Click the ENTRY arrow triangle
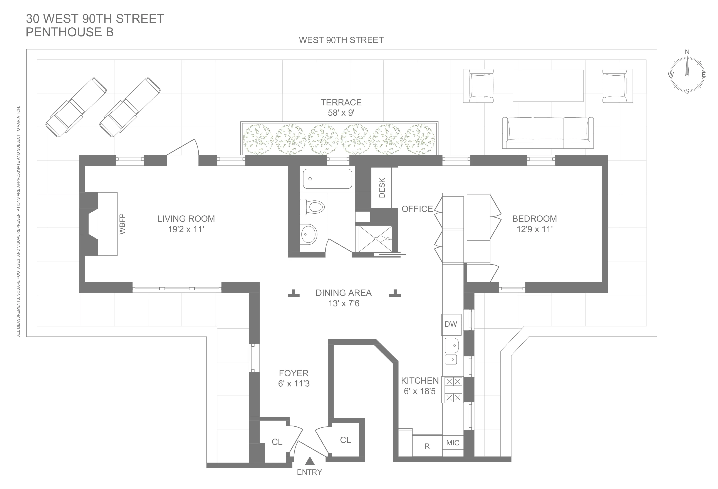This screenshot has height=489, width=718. (x=310, y=461)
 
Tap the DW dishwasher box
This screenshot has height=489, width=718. (x=451, y=324)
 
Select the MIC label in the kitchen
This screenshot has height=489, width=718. (x=453, y=443)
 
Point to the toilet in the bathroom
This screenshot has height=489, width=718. (x=312, y=207)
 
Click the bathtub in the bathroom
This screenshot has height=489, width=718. (x=327, y=179)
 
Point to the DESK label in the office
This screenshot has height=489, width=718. (x=382, y=188)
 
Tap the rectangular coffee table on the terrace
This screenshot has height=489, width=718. (x=548, y=85)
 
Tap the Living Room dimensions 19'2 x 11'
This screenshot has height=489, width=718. (x=186, y=229)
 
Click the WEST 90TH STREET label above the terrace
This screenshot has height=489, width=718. (x=341, y=40)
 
